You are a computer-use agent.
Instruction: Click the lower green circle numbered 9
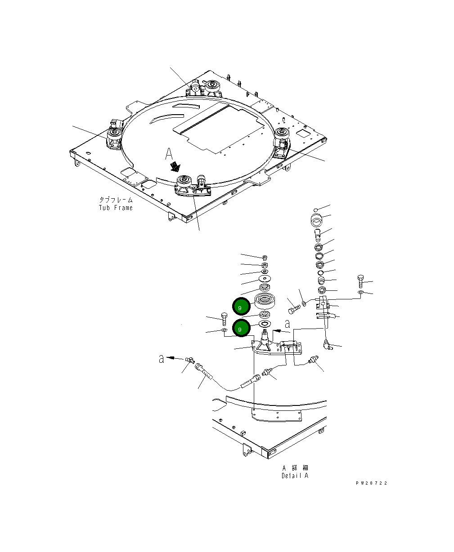coord(240,328)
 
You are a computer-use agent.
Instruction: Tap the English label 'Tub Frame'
coord(116,208)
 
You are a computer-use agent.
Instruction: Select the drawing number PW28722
coord(371,483)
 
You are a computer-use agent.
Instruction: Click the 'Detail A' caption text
coord(295,476)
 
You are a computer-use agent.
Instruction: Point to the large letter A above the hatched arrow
coord(169,154)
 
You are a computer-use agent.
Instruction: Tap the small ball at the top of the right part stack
coord(317,209)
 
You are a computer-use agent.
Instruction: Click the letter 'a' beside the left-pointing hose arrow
coord(161,359)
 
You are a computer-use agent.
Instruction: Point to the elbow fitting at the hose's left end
coord(189,360)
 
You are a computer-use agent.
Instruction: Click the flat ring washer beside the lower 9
coord(264,324)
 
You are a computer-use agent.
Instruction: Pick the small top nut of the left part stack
coord(265,258)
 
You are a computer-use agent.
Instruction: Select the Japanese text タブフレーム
coord(116,200)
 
